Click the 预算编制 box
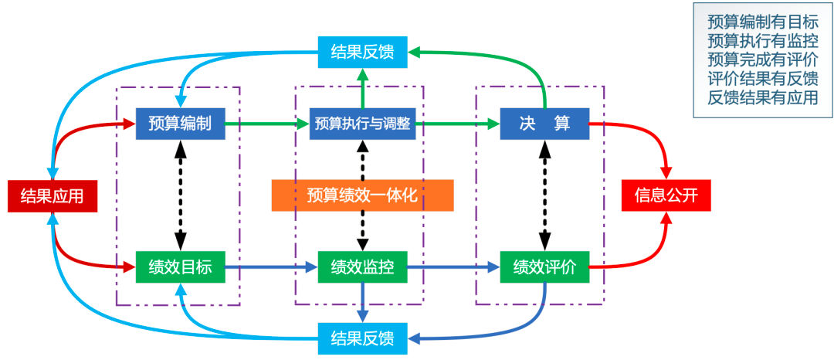coord(181,123)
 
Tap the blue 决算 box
coord(544,123)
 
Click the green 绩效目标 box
coord(181,267)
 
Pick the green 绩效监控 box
coord(362,267)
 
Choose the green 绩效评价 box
coord(544,267)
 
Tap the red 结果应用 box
coord(52,195)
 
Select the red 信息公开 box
coord(666,195)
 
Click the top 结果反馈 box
coord(362,52)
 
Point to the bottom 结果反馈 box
coord(362,338)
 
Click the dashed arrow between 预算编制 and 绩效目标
coord(181,195)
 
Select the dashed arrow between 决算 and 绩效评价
coord(544,195)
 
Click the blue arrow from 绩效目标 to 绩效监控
coord(271,267)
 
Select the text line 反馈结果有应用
coord(763,98)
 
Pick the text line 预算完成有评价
coord(763,59)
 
